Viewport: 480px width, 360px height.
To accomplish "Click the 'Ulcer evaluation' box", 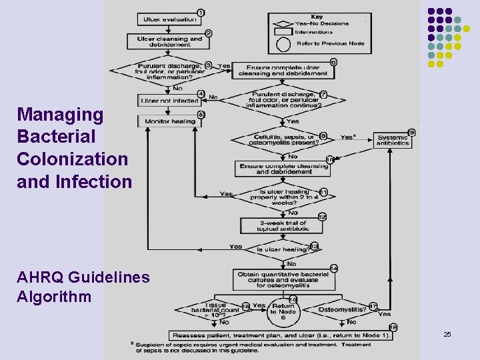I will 170,19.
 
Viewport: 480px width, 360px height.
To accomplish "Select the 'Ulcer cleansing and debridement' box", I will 169,41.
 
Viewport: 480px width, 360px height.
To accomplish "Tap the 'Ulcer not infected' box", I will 169,101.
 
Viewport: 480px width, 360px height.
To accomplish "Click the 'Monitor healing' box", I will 169,121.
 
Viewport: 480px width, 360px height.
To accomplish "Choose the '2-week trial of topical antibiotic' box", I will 283,225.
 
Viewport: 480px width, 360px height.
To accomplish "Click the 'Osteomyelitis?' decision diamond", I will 342,309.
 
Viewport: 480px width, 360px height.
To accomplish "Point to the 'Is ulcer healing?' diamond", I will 283,249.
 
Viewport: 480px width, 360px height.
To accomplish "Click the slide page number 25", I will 447,333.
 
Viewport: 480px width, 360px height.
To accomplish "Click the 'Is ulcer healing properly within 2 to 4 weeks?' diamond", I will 283,195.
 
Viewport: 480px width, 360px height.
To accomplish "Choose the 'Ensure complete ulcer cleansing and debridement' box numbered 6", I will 283,70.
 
